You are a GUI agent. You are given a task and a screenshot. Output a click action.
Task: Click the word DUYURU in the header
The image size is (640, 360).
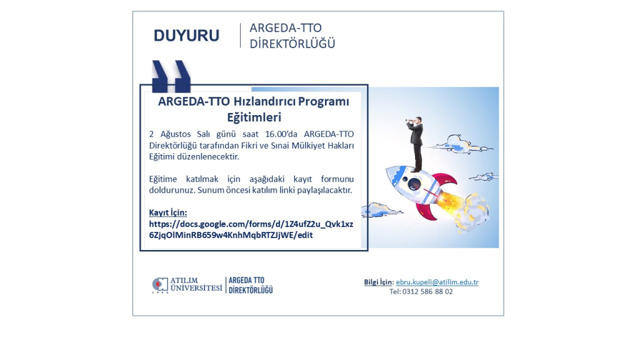pyautogui.click(x=186, y=36)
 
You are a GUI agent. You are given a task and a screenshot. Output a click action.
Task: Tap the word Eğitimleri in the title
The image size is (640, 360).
pyautogui.click(x=254, y=117)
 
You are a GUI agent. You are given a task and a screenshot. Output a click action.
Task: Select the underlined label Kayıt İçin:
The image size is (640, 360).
pyautogui.click(x=167, y=212)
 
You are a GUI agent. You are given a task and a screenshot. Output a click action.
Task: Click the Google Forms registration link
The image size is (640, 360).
pyautogui.click(x=251, y=229)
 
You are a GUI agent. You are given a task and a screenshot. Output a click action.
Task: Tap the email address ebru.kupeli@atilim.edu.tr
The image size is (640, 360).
pyautogui.click(x=437, y=282)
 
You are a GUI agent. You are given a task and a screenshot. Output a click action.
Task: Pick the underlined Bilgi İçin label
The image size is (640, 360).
pyautogui.click(x=379, y=282)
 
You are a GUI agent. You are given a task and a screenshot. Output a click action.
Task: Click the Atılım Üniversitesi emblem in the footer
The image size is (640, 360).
pyautogui.click(x=160, y=285)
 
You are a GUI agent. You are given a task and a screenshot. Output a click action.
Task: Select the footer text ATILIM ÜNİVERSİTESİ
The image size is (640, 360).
pyautogui.click(x=196, y=284)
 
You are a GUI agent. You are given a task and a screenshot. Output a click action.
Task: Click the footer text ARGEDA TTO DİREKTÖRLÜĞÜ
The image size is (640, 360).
pyautogui.click(x=251, y=285)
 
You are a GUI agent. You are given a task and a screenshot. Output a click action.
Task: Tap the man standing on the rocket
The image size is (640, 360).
pyautogui.click(x=415, y=143)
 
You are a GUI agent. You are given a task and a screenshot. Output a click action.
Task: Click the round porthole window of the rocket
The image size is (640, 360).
pyautogui.click(x=414, y=184)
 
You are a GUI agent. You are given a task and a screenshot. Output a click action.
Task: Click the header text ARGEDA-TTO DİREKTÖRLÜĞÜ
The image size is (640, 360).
pyautogui.click(x=292, y=36)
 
